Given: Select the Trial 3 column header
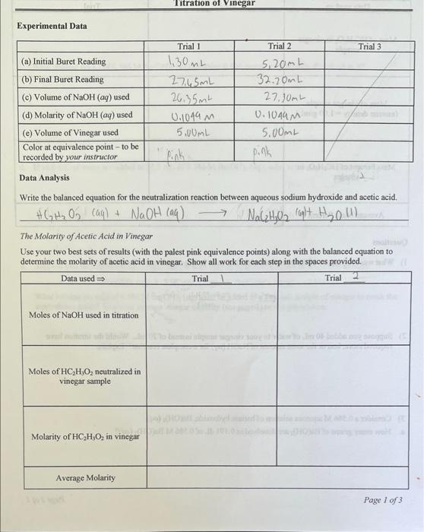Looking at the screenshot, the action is pyautogui.click(x=369, y=46).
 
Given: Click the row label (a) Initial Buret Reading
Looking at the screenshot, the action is pyautogui.click(x=65, y=62).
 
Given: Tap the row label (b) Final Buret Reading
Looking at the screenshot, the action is pyautogui.click(x=63, y=79).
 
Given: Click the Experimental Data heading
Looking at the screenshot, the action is pyautogui.click(x=52, y=26).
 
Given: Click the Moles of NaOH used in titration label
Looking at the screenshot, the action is pyautogui.click(x=84, y=315).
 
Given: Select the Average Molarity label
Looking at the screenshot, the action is pyautogui.click(x=85, y=477).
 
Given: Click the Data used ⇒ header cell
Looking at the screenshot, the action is pyautogui.click(x=84, y=278).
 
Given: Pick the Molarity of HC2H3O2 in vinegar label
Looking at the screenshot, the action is pyautogui.click(x=85, y=436).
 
